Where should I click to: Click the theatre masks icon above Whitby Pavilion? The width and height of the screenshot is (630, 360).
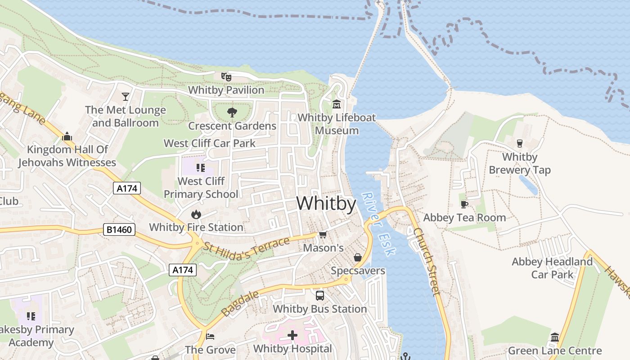coord(226,77)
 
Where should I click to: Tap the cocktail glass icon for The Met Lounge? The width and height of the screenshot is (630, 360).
coord(126,96)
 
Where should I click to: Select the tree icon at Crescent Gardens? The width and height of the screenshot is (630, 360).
coord(232,112)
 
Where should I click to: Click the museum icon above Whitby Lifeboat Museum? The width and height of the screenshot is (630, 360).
coord(337,104)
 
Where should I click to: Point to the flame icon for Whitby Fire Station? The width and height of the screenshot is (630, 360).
coord(196,214)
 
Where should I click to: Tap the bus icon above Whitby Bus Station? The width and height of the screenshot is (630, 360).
coord(320,296)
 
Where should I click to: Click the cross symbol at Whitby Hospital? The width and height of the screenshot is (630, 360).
coord(292,335)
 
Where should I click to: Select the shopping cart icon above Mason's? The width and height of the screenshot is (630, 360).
coord(323,235)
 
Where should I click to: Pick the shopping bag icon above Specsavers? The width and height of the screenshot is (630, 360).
coord(358,257)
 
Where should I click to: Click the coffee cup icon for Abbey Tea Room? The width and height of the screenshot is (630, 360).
coord(464,204)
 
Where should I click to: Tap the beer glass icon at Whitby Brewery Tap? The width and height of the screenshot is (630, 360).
coord(520,144)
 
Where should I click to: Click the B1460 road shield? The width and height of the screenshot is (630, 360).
coord(119,230)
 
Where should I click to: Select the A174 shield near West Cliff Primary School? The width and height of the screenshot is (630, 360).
coord(127,188)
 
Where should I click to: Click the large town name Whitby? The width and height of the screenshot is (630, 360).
coord(326,204)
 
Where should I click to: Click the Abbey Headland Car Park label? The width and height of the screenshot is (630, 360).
coord(552,268)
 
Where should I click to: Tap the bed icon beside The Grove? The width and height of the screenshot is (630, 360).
coord(210,336)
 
